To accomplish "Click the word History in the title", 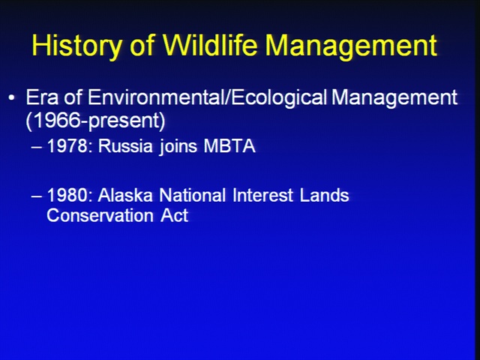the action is (76, 46).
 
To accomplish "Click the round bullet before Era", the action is (12, 98).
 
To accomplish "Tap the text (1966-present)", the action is (95, 121).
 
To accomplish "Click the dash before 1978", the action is (37, 147).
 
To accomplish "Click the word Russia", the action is (125, 145).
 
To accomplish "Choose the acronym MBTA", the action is (229, 145).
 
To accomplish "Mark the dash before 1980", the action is (37, 196).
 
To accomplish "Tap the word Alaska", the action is (125, 195).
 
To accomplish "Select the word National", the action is (193, 195).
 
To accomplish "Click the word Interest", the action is (263, 195).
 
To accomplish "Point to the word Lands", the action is (325, 195).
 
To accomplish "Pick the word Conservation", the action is (100, 215).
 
